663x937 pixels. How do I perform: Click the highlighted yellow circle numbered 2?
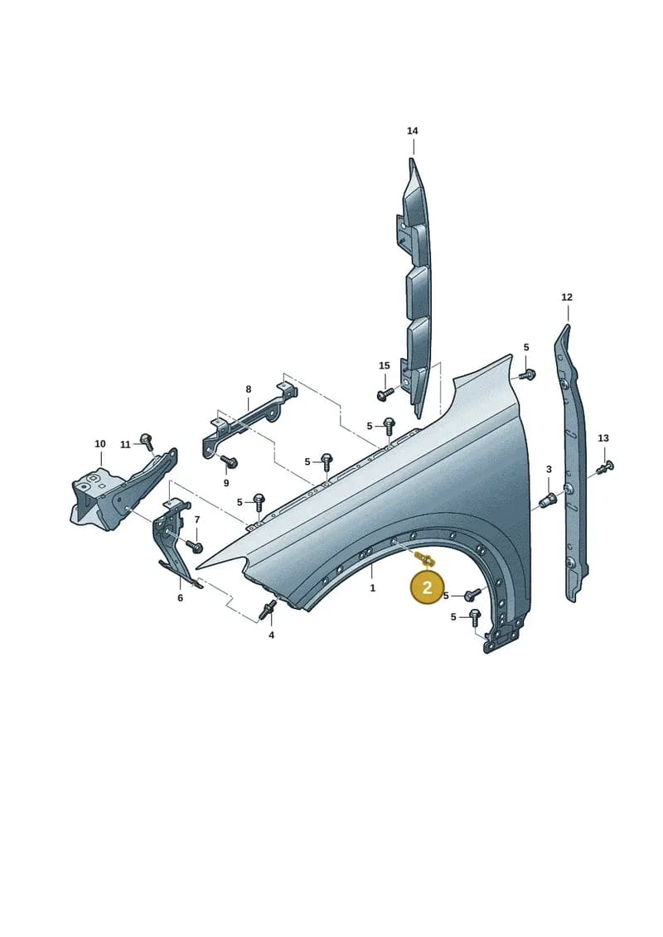pyautogui.click(x=427, y=587)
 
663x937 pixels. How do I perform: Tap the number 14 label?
pyautogui.click(x=413, y=131)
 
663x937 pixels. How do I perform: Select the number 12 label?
pyautogui.click(x=567, y=297)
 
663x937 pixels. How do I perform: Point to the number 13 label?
pyautogui.click(x=603, y=438)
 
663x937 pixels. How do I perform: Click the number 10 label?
pyautogui.click(x=99, y=443)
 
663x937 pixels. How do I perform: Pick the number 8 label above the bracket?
pyautogui.click(x=249, y=389)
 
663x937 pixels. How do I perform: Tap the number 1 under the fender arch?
pyautogui.click(x=372, y=588)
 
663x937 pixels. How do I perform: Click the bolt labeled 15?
pyautogui.click(x=386, y=394)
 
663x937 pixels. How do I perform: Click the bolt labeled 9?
pyautogui.click(x=229, y=461)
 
